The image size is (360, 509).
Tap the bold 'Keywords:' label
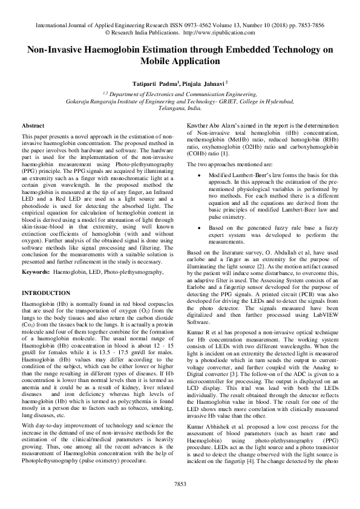point(36,273)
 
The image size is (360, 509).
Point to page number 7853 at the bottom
point(180,484)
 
